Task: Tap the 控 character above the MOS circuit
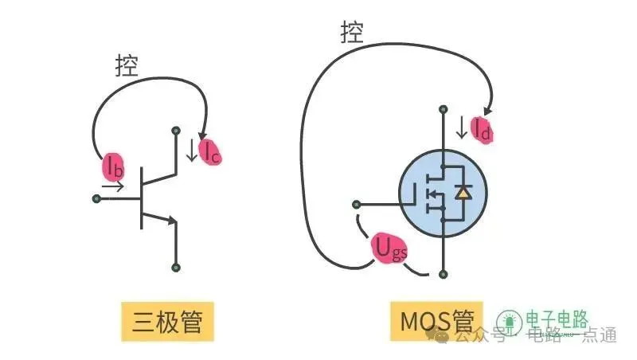click(352, 33)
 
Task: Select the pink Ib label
click(112, 166)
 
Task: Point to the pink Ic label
click(210, 151)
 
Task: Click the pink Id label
click(481, 129)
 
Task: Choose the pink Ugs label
click(389, 252)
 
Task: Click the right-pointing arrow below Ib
click(113, 188)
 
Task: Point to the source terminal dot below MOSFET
click(442, 273)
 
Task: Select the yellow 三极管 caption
click(167, 322)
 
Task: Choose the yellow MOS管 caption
click(437, 322)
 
